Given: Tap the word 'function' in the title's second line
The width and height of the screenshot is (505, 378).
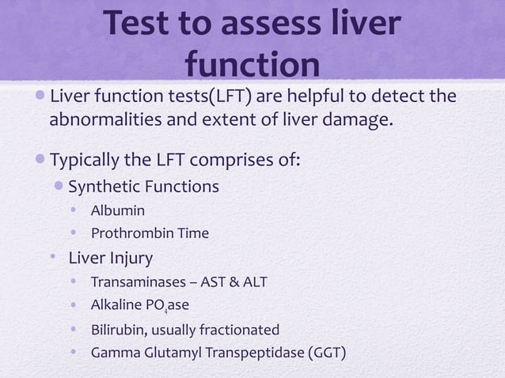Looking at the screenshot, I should coord(252,66).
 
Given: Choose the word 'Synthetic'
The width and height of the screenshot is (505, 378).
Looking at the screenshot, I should coord(105,187).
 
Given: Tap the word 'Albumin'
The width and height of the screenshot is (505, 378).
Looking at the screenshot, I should coord(117,210).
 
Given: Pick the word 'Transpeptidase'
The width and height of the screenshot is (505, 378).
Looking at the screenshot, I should coord(253,352).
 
